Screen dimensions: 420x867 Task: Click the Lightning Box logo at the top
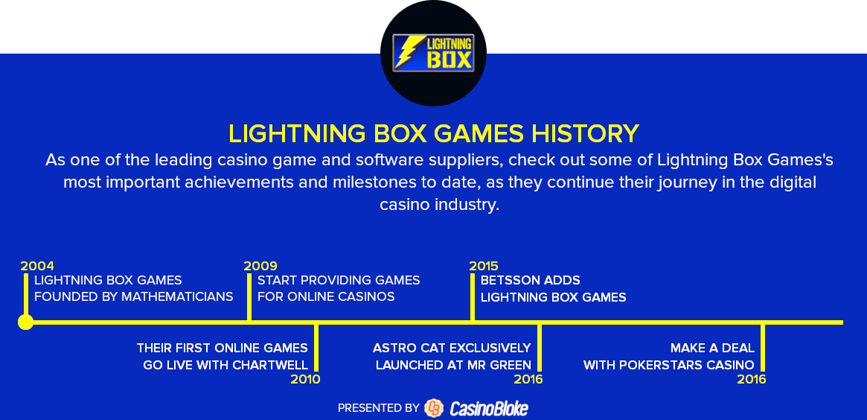[433, 54]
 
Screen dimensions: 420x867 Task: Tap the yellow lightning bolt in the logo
[408, 52]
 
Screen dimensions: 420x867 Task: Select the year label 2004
[37, 266]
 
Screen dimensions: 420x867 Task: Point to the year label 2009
[260, 266]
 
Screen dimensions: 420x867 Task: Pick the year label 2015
[484, 266]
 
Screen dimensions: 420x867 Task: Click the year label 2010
[305, 380]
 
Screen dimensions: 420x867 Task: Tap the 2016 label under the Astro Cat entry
[528, 380]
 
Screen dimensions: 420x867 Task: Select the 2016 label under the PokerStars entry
[752, 380]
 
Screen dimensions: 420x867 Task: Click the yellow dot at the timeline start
[26, 322]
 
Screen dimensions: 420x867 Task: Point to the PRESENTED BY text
[378, 408]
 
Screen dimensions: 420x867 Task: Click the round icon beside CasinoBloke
[433, 408]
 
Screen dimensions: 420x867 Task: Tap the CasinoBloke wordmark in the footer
[489, 408]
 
